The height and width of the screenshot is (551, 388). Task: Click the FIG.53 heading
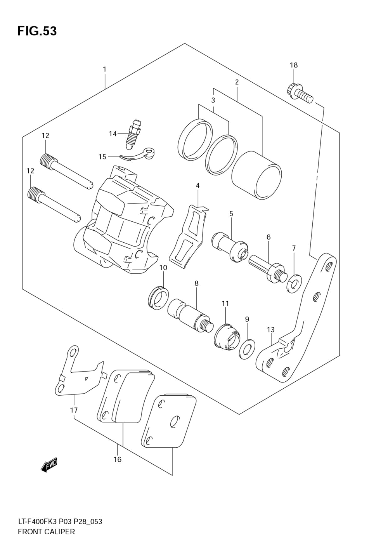click(37, 31)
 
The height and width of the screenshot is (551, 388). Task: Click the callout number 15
click(102, 157)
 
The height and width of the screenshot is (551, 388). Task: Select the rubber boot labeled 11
click(227, 336)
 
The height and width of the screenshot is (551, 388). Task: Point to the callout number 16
click(118, 459)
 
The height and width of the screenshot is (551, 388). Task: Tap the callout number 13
click(270, 330)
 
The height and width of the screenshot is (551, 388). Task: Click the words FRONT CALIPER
click(46, 532)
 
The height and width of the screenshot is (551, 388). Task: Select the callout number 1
click(104, 69)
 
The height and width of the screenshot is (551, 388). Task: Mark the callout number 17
click(74, 410)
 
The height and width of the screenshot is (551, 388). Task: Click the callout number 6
click(268, 237)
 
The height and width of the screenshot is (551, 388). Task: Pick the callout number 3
click(213, 100)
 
